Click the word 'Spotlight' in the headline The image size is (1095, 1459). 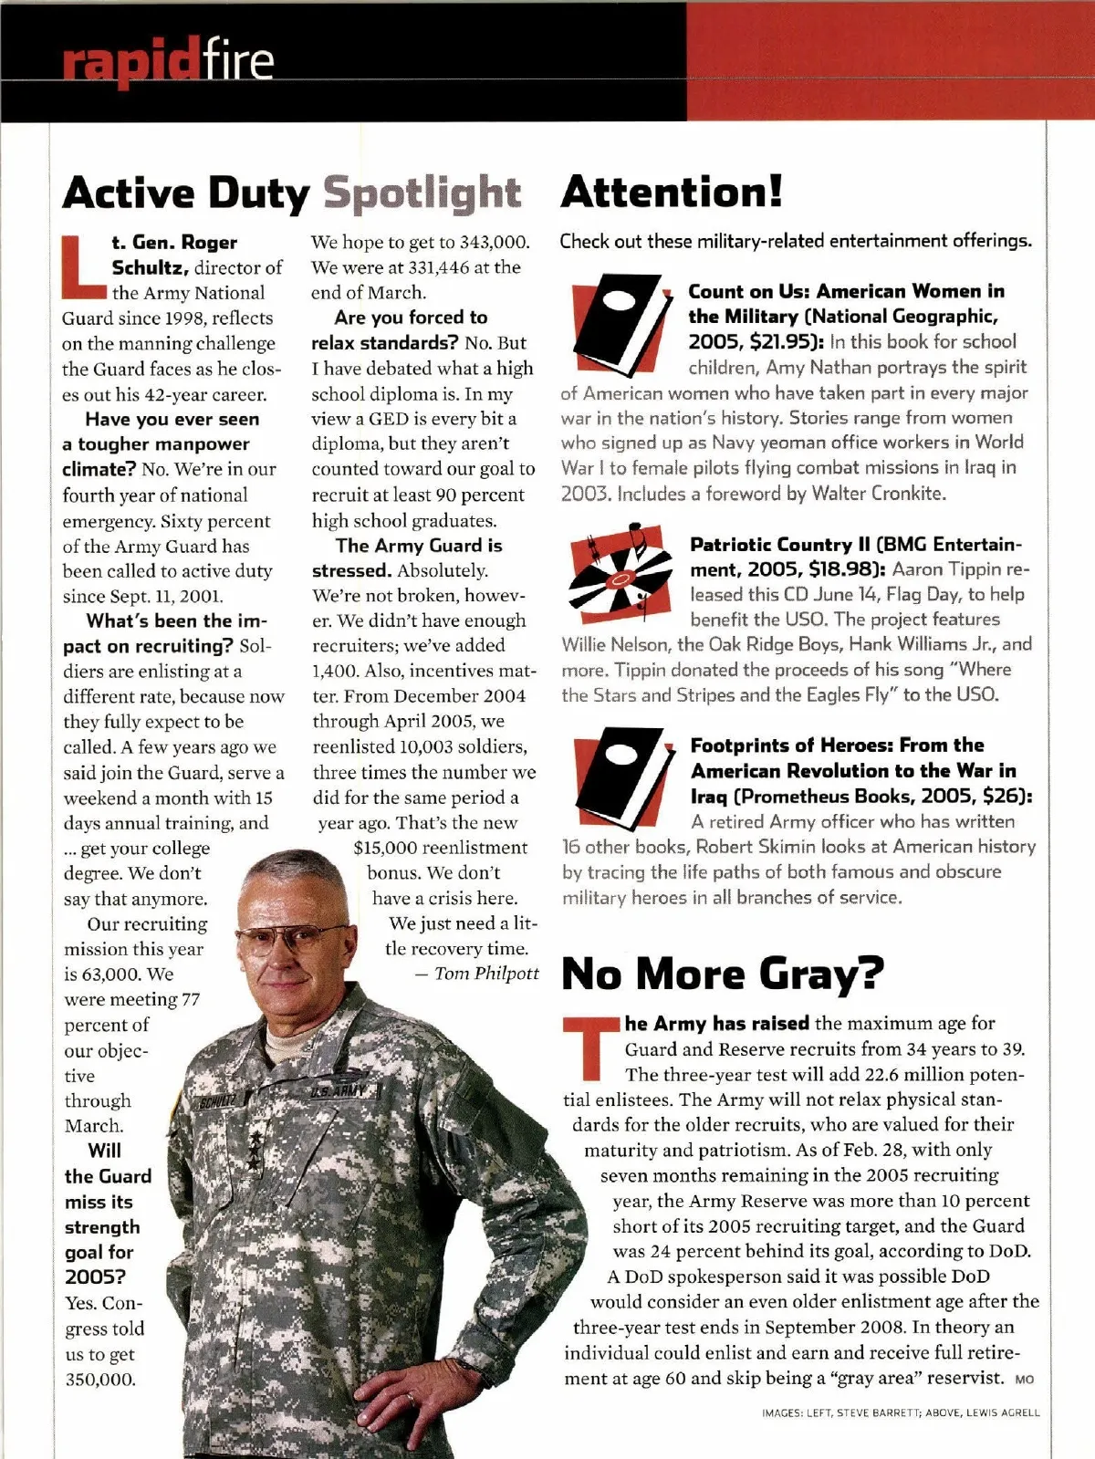(422, 193)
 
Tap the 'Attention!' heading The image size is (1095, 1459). (672, 192)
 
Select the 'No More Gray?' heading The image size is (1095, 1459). (723, 974)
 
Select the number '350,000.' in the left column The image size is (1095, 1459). (100, 1380)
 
